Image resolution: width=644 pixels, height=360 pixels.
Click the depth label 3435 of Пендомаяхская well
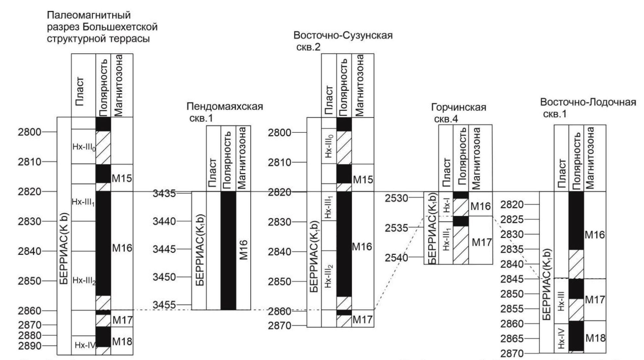[164, 193]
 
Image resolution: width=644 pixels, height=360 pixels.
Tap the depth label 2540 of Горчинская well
[396, 257]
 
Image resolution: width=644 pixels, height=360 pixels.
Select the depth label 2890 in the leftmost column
[30, 346]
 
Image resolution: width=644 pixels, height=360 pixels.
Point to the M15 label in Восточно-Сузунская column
[362, 180]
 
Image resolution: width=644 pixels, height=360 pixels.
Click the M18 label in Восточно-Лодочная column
[595, 338]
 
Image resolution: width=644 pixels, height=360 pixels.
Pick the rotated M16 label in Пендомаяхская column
[244, 250]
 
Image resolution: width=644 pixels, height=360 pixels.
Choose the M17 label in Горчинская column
[481, 242]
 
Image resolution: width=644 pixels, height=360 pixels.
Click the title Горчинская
[458, 108]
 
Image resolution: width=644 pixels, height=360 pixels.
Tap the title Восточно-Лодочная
[588, 102]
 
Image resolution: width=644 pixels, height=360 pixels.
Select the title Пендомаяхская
[224, 107]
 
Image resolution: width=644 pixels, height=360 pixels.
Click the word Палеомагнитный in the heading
[89, 15]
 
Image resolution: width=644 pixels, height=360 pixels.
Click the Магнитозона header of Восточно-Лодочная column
[590, 158]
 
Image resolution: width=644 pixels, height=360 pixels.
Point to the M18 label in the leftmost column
[122, 341]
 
